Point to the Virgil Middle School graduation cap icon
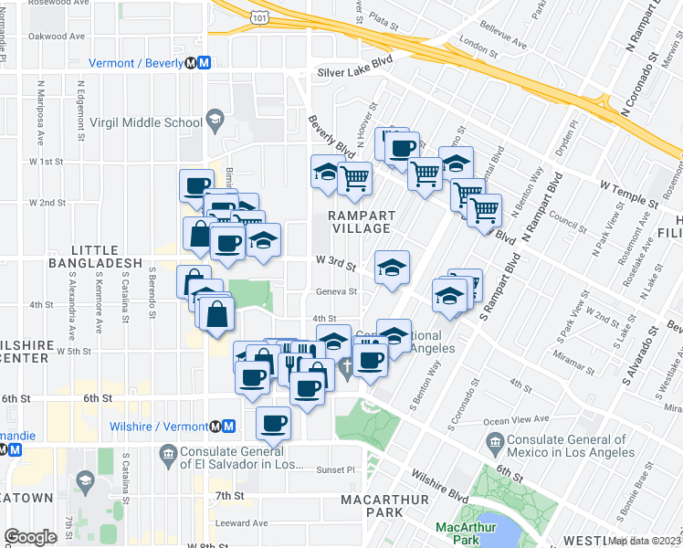point(215,120)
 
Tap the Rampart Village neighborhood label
point(362,222)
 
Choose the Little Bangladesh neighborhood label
point(107,256)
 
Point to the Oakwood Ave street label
point(56,37)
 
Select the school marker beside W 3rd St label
point(393,268)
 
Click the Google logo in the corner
point(30,537)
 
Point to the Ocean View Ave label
point(517,419)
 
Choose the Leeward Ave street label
point(242,523)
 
